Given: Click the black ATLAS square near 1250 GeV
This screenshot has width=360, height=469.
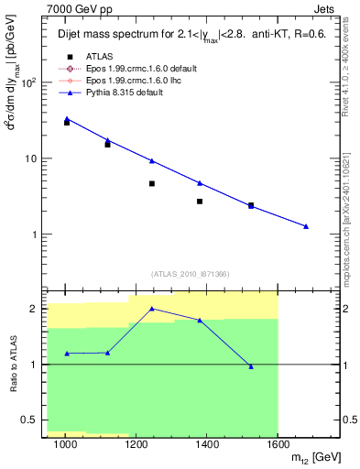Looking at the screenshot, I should tap(152, 183).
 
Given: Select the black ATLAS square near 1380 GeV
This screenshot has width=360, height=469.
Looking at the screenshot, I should tap(200, 202).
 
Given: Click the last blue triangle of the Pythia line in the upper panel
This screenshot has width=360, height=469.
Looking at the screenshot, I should tap(306, 226).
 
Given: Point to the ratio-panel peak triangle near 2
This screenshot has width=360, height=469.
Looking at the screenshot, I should tap(152, 309).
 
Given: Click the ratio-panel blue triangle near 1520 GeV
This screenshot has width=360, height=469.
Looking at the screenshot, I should tap(251, 366).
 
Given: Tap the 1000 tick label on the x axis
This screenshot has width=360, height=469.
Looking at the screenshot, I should tap(65, 444).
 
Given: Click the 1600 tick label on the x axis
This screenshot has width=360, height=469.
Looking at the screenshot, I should tap(278, 444).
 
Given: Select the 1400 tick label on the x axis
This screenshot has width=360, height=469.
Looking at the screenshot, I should tap(207, 444).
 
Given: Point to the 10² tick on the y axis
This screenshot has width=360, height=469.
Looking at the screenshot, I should tap(29, 82).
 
